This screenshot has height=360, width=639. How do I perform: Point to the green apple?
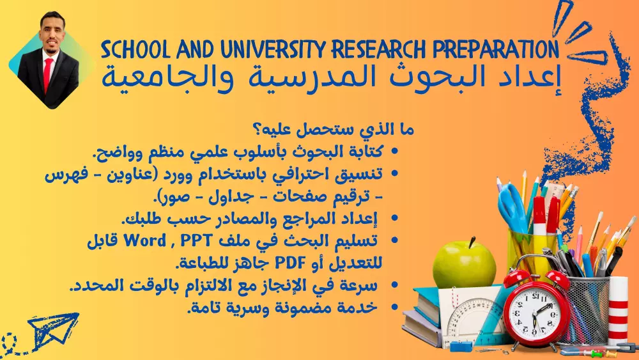pyautogui.click(x=464, y=263)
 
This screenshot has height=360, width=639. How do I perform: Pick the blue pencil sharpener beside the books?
pyautogui.click(x=460, y=346)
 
